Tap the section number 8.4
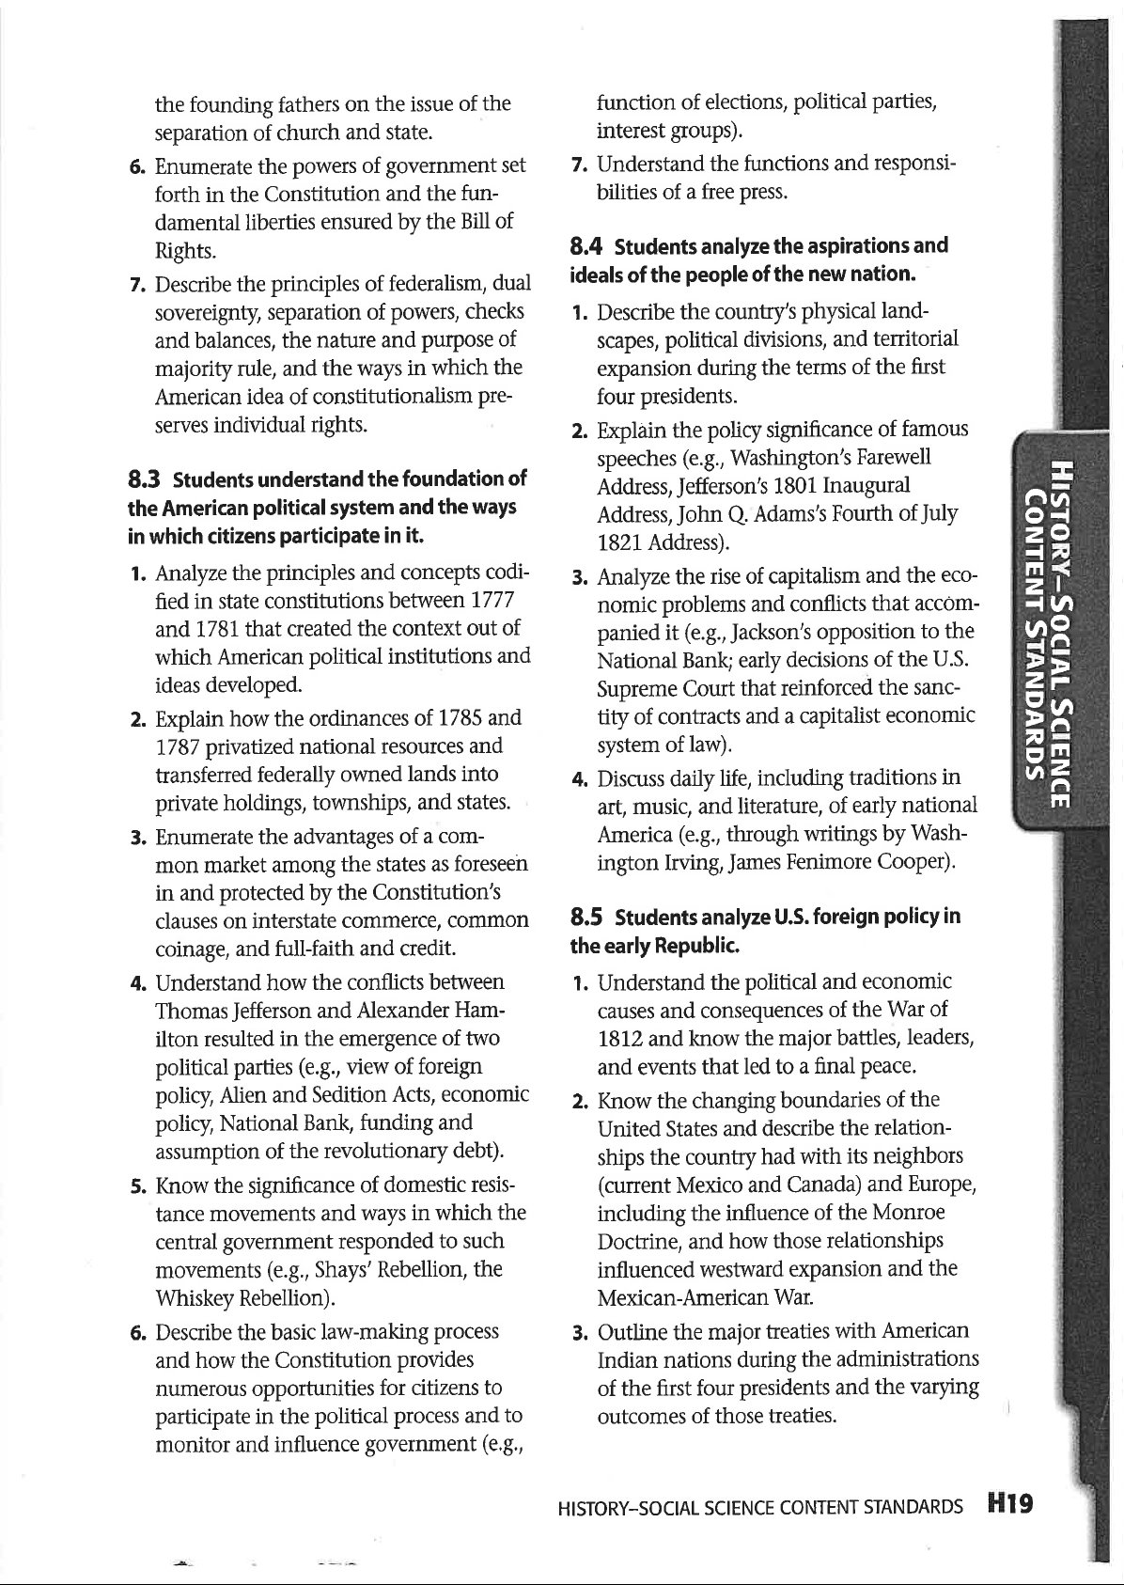click(587, 247)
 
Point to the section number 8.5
click(587, 918)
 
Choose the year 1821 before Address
click(619, 543)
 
